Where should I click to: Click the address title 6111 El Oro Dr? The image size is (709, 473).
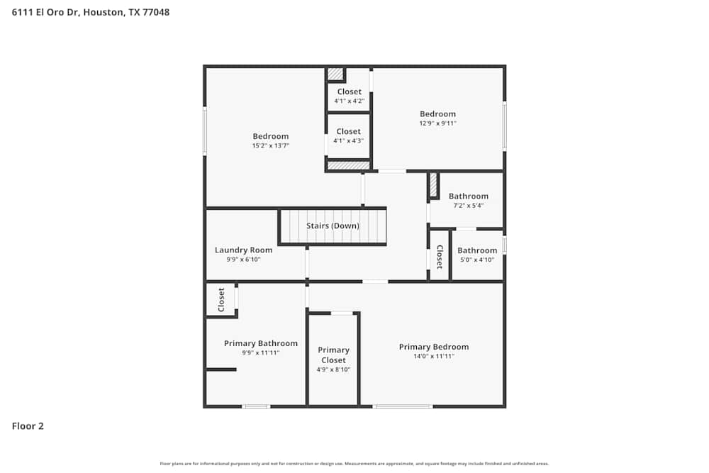tap(91, 12)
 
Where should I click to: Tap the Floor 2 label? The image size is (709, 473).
tap(28, 426)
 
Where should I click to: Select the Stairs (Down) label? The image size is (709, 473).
tap(333, 226)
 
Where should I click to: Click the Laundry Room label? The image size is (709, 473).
tap(243, 250)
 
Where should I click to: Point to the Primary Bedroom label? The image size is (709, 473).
tap(433, 347)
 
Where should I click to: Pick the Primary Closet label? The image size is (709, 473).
tap(333, 355)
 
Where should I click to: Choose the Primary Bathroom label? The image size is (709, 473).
tap(260, 343)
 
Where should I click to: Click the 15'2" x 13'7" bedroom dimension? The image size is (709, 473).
tap(271, 145)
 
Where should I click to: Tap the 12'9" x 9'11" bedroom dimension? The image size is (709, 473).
tap(437, 123)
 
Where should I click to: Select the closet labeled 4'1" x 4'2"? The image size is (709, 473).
tap(349, 101)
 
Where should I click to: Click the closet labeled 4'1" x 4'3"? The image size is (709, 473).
tap(348, 140)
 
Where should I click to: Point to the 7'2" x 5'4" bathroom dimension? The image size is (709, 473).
tap(468, 206)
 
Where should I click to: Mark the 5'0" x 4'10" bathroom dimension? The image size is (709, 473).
tap(476, 260)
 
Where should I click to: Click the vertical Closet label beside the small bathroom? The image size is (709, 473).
tap(440, 257)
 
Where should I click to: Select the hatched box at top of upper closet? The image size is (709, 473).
tap(335, 74)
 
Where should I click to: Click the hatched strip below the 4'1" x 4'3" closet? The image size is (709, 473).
tap(348, 166)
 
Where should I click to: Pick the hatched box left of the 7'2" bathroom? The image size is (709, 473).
tap(433, 185)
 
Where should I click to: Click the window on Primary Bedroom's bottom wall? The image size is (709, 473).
tap(403, 406)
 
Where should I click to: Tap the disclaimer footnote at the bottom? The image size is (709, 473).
tap(354, 464)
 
